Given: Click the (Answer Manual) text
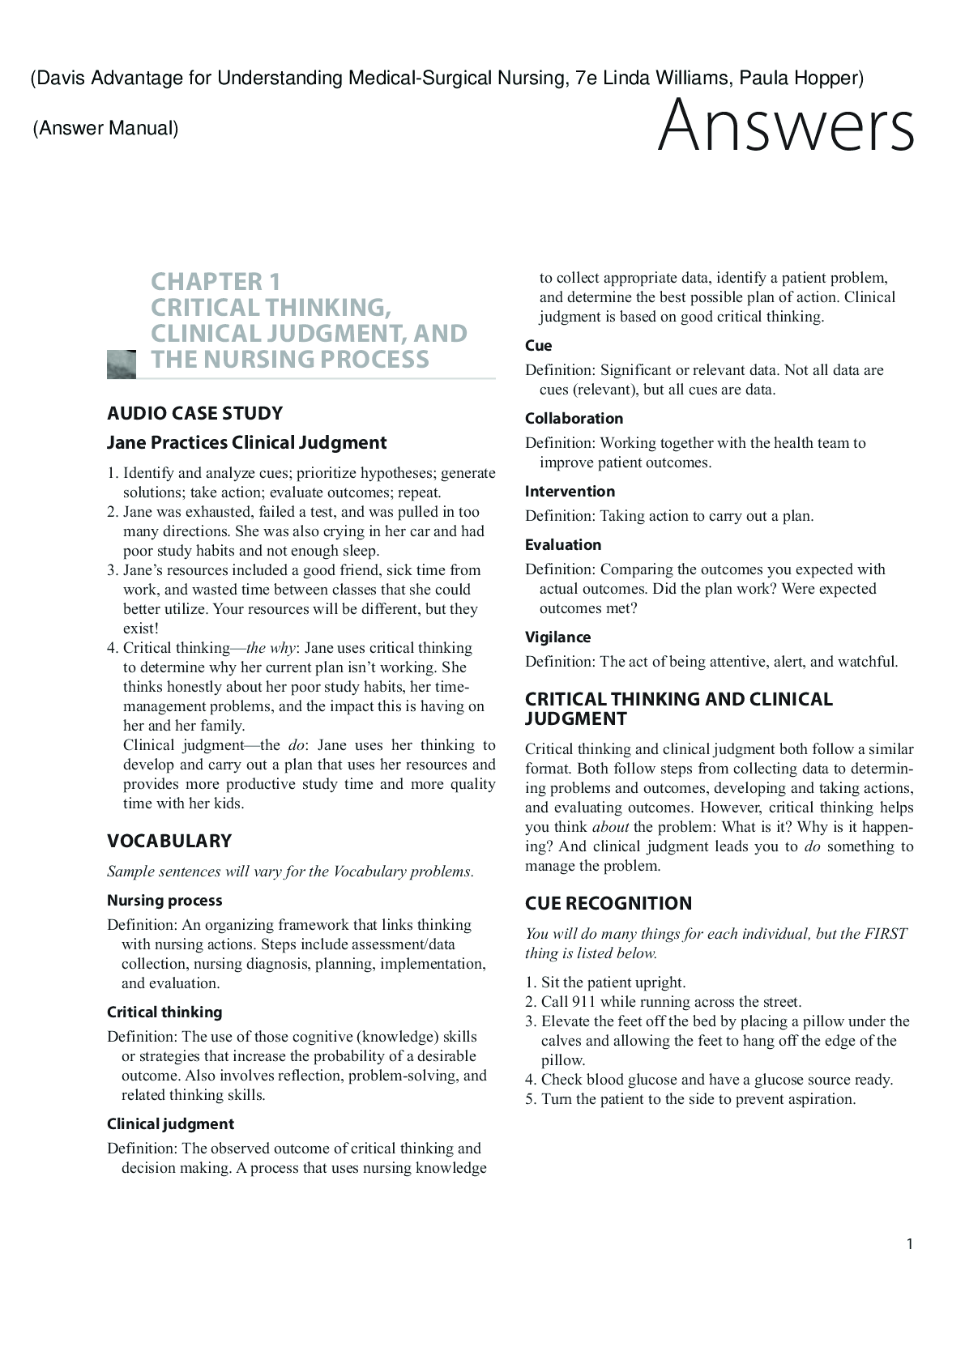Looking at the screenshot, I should pos(105,128).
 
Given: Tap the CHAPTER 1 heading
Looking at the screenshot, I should pos(216,282).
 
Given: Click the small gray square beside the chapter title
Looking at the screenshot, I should pos(121,364).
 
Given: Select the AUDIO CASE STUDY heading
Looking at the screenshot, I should pos(194,413).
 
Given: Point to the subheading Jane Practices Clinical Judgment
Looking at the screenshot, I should pos(246,442).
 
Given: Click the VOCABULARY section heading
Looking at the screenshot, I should pos(169,841).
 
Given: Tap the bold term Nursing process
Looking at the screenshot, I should pos(164,900).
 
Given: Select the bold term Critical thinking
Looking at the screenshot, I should pos(164,1012).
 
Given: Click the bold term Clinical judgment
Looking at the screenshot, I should pos(170,1123).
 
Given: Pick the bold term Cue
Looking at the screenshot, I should pos(538,345).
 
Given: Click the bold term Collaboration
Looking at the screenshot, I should pos(574,418).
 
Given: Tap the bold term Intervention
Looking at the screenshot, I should pos(570,491).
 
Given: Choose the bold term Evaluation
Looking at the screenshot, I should pos(563,544).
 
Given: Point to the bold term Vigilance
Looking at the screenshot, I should pos(557,637).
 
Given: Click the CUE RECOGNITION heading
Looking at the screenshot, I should pos(608,903).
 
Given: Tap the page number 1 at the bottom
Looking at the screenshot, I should pos(910,1244).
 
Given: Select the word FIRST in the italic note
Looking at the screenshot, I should pos(886,934).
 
